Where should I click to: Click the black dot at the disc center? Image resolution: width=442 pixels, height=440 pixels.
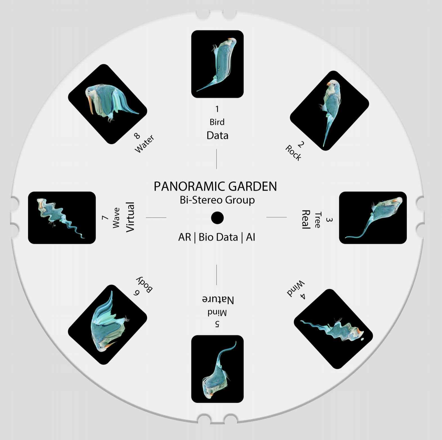(x=217, y=218)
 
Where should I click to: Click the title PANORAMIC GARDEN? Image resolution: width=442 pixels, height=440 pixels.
(x=215, y=186)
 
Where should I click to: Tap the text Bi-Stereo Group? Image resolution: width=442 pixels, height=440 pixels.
(x=217, y=200)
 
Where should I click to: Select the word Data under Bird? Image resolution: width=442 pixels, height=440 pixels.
(x=217, y=135)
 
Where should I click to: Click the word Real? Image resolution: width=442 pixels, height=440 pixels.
(x=306, y=219)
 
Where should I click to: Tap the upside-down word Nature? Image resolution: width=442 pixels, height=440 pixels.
(x=218, y=300)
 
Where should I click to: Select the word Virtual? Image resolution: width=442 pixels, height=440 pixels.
(x=130, y=217)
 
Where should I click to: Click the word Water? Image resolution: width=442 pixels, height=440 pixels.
(x=145, y=144)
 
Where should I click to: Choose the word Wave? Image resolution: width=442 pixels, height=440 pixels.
(x=116, y=218)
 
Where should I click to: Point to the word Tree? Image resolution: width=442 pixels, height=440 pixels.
(x=317, y=220)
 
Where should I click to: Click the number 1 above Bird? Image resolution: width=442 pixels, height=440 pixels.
(x=217, y=109)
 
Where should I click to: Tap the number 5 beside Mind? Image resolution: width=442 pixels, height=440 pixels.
(x=217, y=324)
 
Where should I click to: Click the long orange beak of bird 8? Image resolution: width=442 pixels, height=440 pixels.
(x=90, y=105)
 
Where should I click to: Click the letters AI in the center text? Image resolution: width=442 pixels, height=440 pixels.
(x=251, y=237)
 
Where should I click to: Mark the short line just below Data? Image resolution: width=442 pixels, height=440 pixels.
(x=217, y=159)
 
